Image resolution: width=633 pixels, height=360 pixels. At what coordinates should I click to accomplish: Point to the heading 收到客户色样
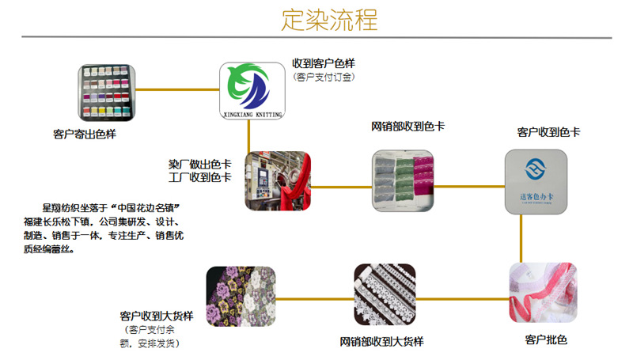pyautogui.click(x=324, y=63)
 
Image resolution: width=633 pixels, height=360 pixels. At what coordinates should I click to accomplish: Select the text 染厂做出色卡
pyautogui.click(x=199, y=164)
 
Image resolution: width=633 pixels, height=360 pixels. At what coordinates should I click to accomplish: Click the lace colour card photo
pyautogui.click(x=404, y=181)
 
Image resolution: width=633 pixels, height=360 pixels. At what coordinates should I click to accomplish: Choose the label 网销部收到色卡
pyautogui.click(x=408, y=126)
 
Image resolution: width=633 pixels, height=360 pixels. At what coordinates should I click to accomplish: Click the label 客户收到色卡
pyautogui.click(x=548, y=131)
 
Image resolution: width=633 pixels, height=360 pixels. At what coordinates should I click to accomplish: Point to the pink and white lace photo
pyautogui.click(x=543, y=293)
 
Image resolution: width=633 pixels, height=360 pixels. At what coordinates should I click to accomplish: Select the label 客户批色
pyautogui.click(x=546, y=340)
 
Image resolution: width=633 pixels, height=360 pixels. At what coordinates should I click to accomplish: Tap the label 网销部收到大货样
pyautogui.click(x=382, y=342)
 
